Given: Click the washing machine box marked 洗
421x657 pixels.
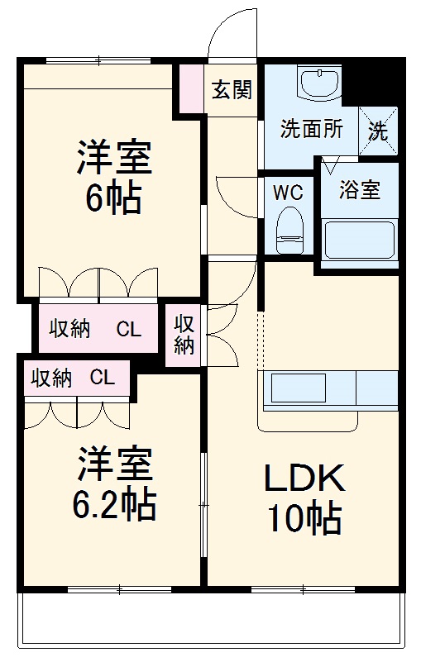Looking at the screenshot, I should tap(378, 131).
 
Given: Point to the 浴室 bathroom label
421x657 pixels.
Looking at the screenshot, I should tap(360, 189).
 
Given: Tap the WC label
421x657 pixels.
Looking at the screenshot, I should tap(289, 193).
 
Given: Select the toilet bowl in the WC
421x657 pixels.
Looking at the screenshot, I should tap(289, 230).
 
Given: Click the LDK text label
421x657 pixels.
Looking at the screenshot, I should tap(303, 479).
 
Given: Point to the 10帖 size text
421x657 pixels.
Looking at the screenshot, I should tap(303, 518).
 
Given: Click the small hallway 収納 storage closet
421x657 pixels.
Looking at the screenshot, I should tap(184, 335).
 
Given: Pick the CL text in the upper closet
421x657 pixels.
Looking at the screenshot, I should tap(128, 329).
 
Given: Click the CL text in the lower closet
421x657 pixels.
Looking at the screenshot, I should tap(102, 378).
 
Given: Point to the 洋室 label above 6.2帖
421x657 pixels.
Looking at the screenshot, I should tap(115, 465).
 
